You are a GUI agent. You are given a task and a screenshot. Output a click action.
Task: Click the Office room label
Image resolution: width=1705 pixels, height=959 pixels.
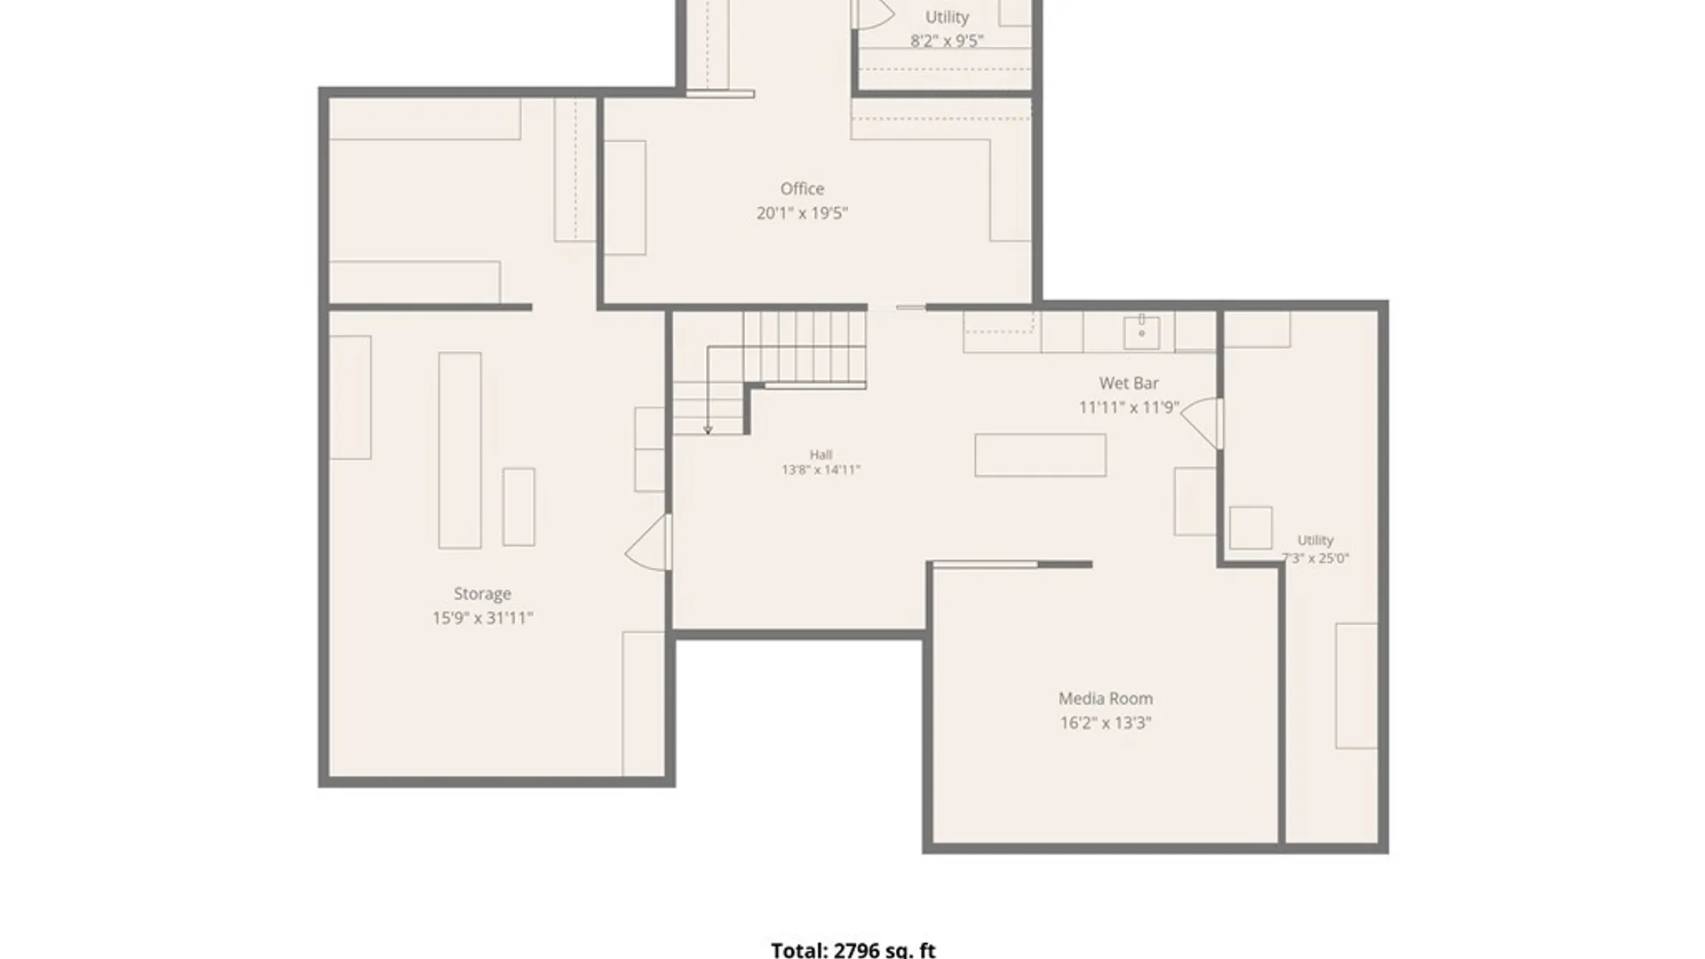[x=802, y=188]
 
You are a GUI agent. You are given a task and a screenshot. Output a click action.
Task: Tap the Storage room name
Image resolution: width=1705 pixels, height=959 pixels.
[x=482, y=594]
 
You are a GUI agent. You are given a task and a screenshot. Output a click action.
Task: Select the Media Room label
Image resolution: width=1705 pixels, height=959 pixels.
[x=1106, y=699]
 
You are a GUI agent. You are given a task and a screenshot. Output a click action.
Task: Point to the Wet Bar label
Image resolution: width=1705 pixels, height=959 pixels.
[x=1129, y=384]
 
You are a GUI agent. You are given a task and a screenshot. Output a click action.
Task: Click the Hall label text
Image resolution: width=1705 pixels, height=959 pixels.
[x=821, y=455]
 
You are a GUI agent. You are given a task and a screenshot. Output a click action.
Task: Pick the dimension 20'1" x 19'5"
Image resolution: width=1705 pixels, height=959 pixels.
[x=802, y=213]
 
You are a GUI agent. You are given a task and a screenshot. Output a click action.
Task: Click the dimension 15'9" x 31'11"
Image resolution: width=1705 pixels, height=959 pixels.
[x=482, y=618]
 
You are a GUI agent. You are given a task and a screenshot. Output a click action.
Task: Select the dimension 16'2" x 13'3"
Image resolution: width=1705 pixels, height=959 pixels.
[x=1106, y=723]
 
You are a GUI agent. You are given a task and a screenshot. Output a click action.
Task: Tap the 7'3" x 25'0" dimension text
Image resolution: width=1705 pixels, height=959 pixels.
[x=1315, y=559]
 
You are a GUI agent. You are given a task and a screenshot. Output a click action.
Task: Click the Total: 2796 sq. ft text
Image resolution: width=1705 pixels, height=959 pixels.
[x=853, y=950]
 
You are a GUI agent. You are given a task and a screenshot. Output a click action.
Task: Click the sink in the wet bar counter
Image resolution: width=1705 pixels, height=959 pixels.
[x=1142, y=332]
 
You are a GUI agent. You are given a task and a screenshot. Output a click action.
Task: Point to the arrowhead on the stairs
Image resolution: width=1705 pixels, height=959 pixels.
[x=708, y=431]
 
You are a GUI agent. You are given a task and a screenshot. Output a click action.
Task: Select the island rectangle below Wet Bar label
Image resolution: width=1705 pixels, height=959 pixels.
[x=1040, y=456]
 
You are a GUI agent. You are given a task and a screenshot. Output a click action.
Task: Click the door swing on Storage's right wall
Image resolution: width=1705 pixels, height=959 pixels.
[x=646, y=543]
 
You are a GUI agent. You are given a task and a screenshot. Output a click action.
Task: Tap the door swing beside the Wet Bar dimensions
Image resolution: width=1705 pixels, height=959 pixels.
[x=1201, y=424]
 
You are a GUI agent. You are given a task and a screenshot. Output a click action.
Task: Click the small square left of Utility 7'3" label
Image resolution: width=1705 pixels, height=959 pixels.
[x=1250, y=527]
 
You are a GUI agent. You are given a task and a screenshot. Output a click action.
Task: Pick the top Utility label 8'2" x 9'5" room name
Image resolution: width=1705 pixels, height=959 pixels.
[x=947, y=17]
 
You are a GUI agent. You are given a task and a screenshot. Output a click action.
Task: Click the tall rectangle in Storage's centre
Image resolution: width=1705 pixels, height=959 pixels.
[x=460, y=450]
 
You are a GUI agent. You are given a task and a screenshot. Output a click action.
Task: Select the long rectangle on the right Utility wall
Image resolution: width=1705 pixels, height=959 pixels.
[x=1357, y=686]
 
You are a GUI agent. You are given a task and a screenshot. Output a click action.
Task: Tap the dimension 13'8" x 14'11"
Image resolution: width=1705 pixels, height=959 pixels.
[x=821, y=470]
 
